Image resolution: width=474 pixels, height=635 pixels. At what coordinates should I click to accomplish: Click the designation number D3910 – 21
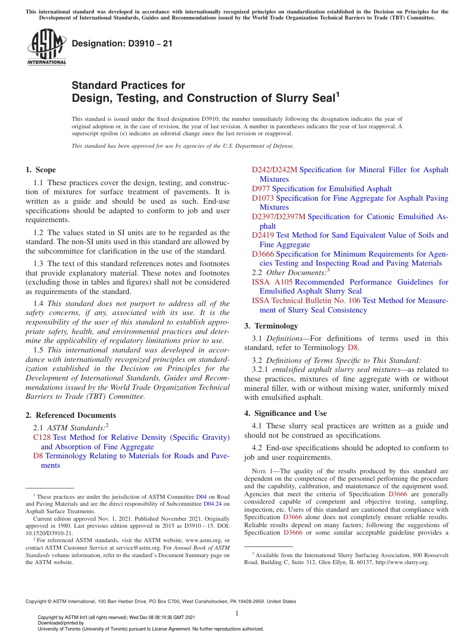[x=122, y=43]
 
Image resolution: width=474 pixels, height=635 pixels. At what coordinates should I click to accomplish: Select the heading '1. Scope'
[x=41, y=170]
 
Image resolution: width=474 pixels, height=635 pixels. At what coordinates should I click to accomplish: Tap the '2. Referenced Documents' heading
[x=71, y=415]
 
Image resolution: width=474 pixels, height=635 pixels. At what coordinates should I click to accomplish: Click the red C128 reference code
[x=41, y=437]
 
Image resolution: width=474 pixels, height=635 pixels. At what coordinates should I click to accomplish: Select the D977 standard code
[x=260, y=189]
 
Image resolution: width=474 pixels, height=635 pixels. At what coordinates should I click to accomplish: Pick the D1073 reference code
[x=262, y=198]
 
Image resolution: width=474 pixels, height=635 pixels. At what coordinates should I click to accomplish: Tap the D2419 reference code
[x=262, y=235]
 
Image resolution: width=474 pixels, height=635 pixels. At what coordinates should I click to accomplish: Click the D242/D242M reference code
[x=274, y=170]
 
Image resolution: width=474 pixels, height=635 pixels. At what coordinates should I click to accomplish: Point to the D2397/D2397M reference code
[x=278, y=217]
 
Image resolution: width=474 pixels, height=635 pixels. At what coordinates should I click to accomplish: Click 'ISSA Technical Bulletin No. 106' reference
[x=306, y=301]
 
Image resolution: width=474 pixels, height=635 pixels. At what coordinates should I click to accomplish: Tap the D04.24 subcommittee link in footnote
[x=213, y=504]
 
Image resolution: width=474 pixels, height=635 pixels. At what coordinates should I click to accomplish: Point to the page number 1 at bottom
[x=237, y=613]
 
